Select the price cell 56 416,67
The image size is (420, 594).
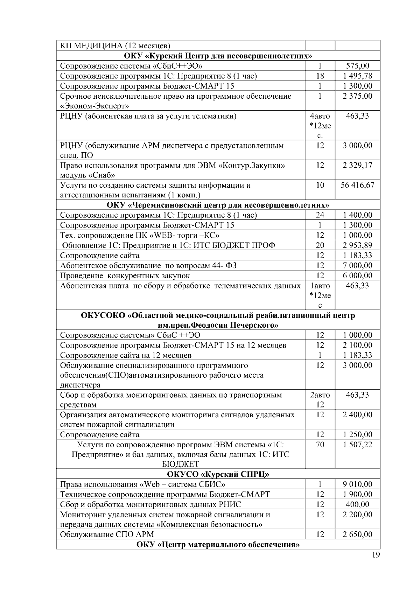coord(357,185)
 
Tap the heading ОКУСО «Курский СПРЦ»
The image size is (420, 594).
coord(218,474)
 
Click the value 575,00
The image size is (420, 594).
coord(357,66)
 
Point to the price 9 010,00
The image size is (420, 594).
coord(357,484)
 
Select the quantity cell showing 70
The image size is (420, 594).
coord(320,445)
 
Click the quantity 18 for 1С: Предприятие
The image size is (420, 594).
coord(320,76)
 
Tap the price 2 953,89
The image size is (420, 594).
coord(357,245)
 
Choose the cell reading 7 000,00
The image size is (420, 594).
coord(357,266)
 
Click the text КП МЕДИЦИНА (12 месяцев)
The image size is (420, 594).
coord(115,46)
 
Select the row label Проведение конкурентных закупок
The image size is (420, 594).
coord(125,276)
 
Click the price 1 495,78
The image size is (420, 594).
coord(357,76)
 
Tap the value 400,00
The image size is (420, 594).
coord(357,504)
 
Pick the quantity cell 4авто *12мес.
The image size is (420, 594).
coord(320,125)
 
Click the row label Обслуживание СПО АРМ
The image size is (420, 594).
coord(107,534)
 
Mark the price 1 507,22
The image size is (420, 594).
coord(357,445)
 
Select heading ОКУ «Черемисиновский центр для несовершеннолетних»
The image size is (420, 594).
coord(218,205)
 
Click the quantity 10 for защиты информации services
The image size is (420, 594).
coord(320,185)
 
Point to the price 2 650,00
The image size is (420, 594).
coord(357,534)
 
